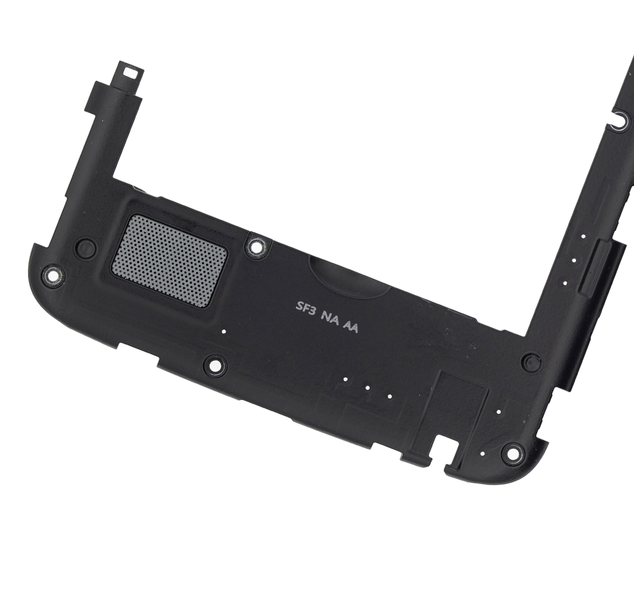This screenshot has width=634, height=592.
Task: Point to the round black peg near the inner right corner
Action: pos(531,362)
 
